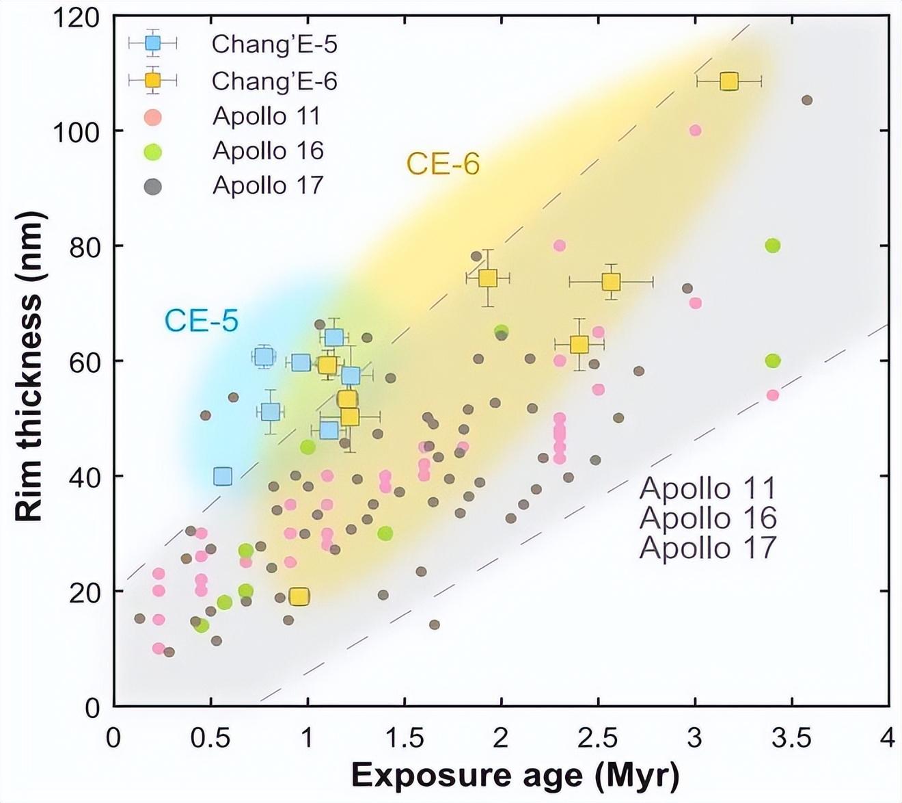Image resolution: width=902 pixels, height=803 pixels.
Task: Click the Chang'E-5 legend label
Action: [x=274, y=44]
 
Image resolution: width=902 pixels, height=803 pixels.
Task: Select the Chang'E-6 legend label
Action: [x=274, y=81]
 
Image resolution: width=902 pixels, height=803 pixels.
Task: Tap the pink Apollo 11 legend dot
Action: [x=153, y=117]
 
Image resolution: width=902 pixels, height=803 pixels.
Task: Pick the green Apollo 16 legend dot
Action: [x=153, y=151]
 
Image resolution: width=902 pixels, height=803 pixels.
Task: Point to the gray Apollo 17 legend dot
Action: [x=153, y=186]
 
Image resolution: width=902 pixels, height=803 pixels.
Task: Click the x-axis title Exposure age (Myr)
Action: [x=515, y=776]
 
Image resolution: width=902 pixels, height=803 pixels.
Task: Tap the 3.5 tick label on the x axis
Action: [x=792, y=738]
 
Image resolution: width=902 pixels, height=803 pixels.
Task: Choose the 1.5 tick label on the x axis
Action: [x=405, y=738]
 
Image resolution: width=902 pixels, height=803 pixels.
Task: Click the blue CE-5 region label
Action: [x=202, y=320]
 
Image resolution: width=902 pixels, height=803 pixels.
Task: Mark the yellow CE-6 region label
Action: [x=443, y=164]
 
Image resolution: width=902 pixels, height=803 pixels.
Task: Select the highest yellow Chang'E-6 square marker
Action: [x=729, y=81]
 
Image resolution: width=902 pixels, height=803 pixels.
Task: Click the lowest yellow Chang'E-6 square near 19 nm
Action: [x=299, y=596]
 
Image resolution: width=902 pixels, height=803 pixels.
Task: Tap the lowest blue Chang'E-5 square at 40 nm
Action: [x=223, y=476]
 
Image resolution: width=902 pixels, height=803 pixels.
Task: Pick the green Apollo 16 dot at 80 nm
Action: [x=773, y=246]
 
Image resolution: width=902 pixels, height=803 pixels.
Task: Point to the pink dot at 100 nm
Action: [x=695, y=131]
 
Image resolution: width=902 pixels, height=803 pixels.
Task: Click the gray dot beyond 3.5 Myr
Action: [x=807, y=101]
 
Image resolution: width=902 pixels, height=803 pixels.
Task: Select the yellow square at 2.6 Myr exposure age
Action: [x=611, y=282]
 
